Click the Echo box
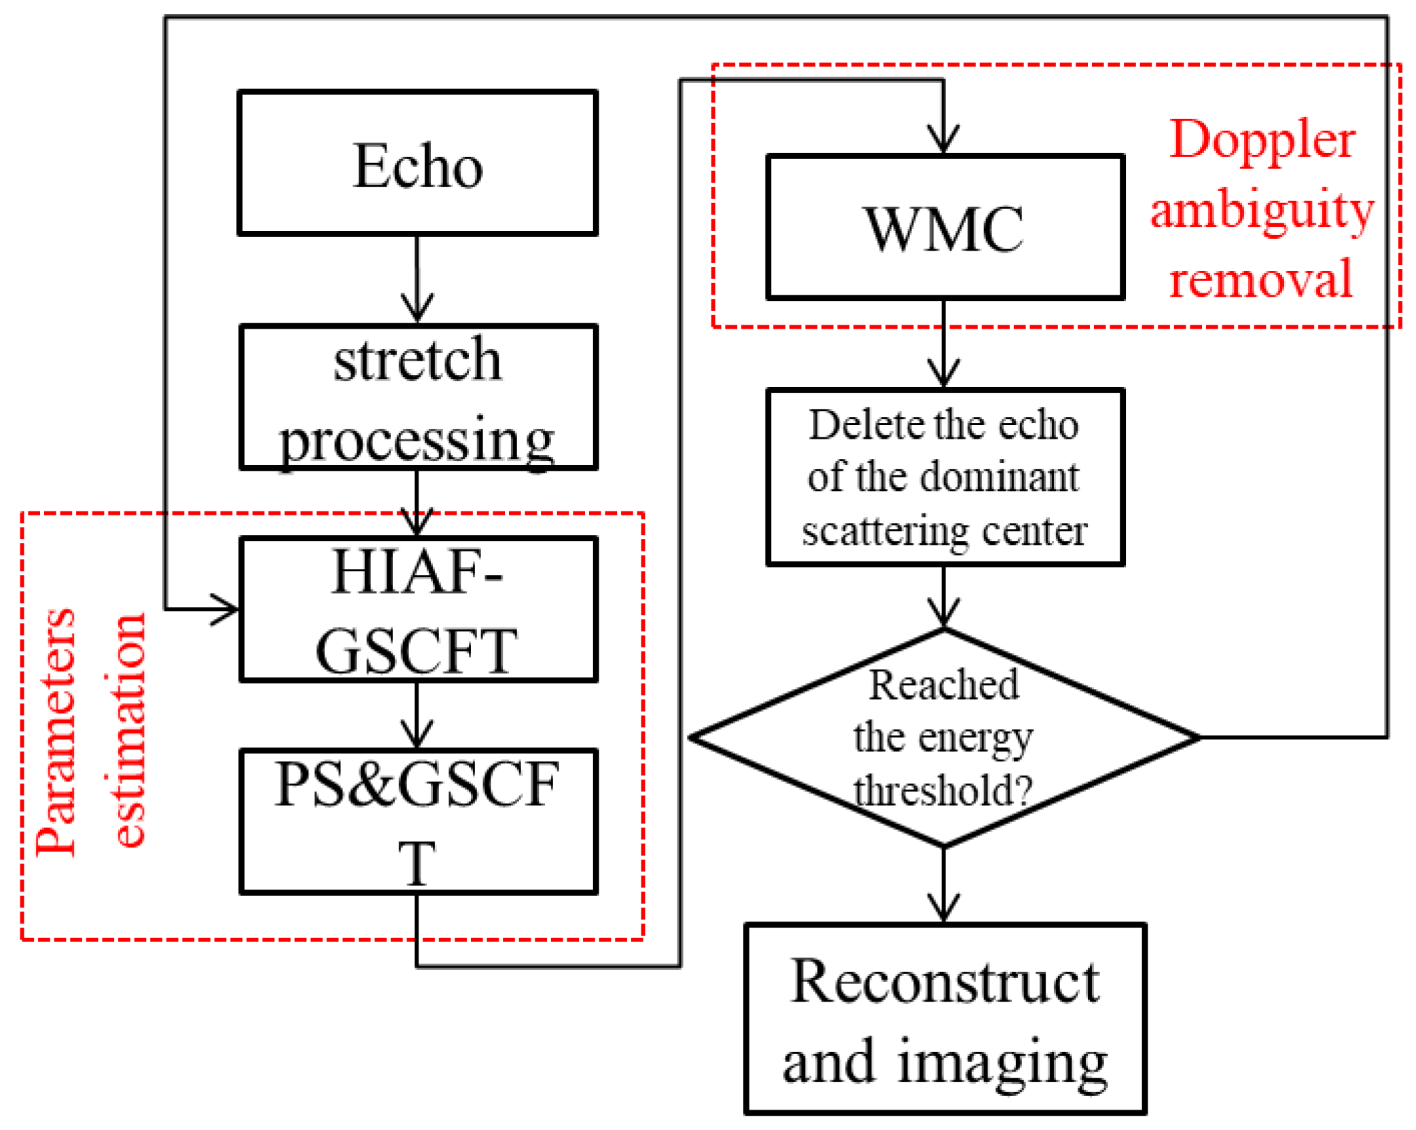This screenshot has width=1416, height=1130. click(417, 163)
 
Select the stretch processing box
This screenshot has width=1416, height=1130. click(417, 397)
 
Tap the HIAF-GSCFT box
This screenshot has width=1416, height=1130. click(417, 609)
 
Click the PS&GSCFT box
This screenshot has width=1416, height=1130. click(417, 821)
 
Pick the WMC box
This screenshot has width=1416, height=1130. click(944, 227)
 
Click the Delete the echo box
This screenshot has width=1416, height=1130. click(944, 477)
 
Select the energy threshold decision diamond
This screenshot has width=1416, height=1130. click(944, 737)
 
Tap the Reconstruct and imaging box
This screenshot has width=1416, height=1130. click(944, 1019)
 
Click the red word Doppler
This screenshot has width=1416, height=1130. click(1262, 139)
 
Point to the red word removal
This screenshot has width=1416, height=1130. click(1260, 278)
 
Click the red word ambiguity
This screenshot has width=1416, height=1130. click(1262, 209)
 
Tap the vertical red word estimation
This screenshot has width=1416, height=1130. click(129, 730)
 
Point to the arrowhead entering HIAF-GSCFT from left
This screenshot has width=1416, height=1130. click(228, 609)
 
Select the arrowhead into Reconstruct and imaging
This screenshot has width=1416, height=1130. click(944, 910)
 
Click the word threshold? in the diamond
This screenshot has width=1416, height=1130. click(944, 791)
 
